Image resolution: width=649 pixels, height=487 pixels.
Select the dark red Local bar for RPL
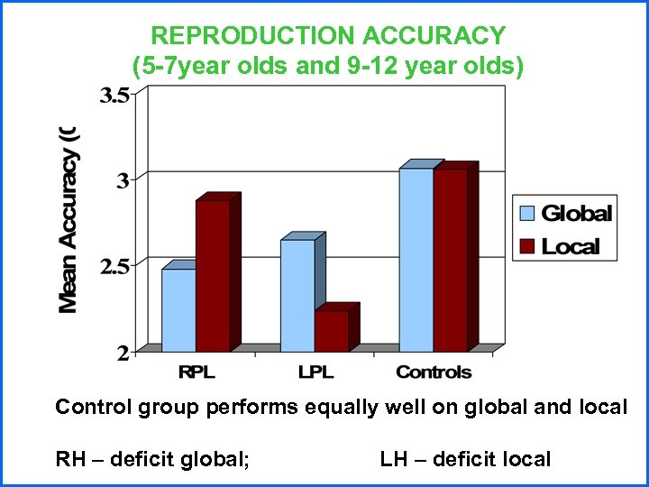coord(212,275)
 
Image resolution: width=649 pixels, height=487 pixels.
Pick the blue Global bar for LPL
coord(297,295)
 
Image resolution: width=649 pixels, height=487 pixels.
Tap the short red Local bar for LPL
coord(331,331)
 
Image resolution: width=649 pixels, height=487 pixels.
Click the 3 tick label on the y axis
coord(122,179)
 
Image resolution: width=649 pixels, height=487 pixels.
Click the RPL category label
coord(197,372)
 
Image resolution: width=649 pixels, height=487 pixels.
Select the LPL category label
coord(315,372)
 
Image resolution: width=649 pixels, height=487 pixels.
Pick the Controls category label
coord(434,372)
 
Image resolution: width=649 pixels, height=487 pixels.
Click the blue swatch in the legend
coord(527,214)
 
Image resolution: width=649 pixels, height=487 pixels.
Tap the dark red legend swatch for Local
coord(527,246)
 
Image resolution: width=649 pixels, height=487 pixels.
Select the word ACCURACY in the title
coord(434,36)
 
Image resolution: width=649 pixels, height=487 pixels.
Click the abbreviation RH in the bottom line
coord(69,460)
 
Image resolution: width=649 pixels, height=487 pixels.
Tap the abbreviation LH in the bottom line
coord(393,460)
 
